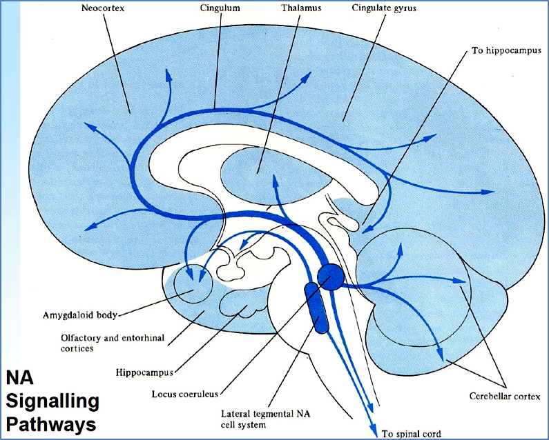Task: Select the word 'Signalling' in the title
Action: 52,401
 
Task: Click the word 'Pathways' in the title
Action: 51,423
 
